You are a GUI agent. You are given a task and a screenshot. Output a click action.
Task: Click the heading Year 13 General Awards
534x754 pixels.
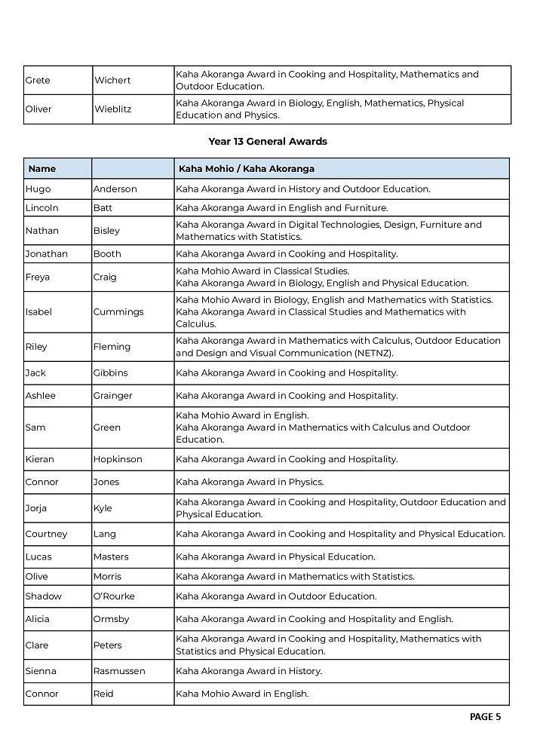267,141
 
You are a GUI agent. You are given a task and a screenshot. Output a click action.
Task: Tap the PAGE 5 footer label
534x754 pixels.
485,717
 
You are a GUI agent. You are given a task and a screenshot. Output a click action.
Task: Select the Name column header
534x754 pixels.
42,169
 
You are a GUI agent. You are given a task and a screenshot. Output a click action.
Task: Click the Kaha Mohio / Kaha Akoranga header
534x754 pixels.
246,169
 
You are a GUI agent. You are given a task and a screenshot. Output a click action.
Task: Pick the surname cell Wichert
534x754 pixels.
112,80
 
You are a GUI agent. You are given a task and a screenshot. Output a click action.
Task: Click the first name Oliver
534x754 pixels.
38,109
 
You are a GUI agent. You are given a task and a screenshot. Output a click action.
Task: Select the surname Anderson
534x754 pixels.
115,189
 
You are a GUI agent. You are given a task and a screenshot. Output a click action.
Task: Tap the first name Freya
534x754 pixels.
38,277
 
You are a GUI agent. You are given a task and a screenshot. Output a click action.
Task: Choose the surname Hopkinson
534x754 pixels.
118,459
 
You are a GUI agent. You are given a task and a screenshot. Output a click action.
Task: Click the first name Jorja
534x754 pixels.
36,508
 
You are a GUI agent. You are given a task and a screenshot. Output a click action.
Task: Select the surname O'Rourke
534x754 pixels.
114,596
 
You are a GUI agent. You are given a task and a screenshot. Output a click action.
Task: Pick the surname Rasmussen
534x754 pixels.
119,671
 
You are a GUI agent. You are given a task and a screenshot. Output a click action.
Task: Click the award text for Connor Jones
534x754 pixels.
250,482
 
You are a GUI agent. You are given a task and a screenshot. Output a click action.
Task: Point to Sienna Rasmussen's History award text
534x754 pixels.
249,671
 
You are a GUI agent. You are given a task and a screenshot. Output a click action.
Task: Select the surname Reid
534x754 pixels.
103,694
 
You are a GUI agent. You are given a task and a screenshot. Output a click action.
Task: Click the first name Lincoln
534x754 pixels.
41,207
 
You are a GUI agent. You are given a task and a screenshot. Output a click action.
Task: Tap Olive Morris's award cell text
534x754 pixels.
295,577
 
